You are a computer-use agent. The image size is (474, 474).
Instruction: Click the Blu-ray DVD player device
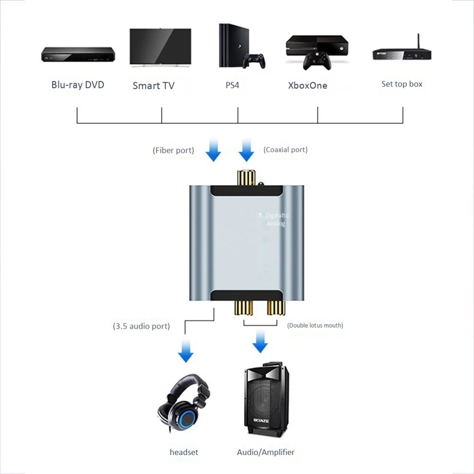[x=77, y=55]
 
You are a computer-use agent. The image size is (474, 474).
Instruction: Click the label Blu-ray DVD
[x=78, y=85]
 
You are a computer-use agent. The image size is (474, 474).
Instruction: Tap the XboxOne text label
[x=308, y=85]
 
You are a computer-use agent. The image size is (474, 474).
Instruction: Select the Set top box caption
[x=402, y=84]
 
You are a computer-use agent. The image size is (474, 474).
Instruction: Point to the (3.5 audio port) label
[x=141, y=326]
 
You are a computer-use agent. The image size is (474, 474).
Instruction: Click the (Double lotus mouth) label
[x=315, y=325]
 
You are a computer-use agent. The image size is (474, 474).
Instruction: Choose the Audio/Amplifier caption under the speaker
[x=265, y=452]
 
